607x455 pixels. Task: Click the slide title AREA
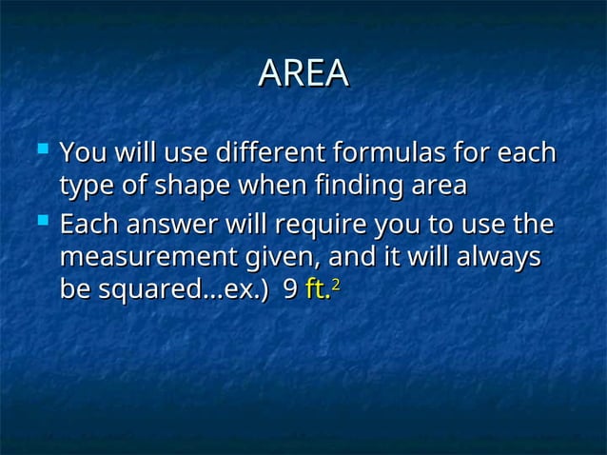(x=303, y=75)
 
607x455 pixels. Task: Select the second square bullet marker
(x=39, y=224)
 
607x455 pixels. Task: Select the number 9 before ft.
(x=290, y=294)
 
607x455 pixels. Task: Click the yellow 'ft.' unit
(x=317, y=294)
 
